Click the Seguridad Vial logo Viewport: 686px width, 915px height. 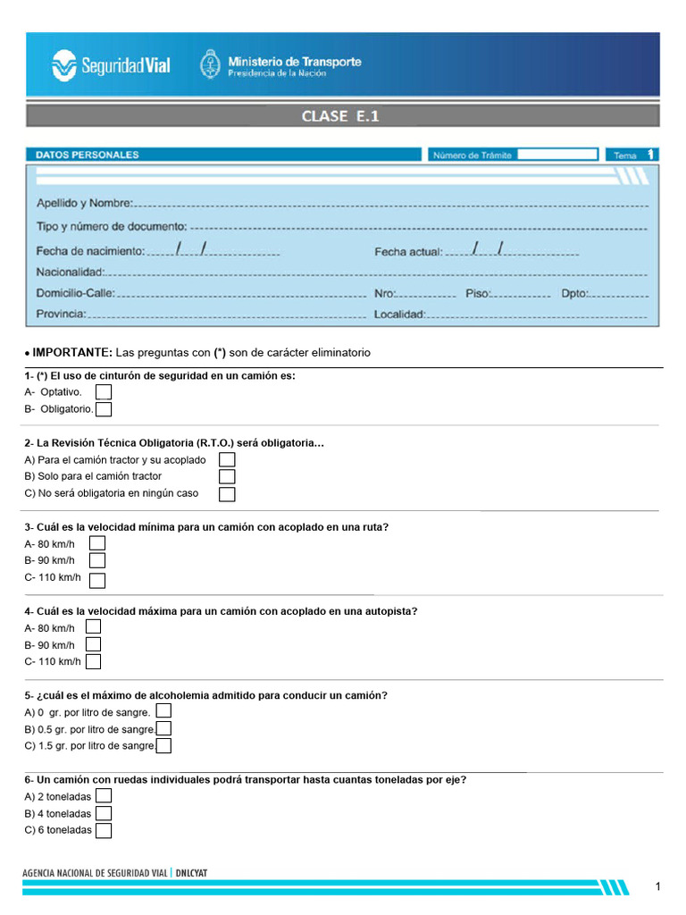coord(111,65)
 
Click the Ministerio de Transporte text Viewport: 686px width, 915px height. coord(294,65)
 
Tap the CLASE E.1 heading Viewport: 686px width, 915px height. coord(341,116)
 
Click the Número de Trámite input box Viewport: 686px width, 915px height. coord(556,155)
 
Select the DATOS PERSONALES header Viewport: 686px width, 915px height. coord(88,155)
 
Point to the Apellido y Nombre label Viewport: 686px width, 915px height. coord(85,203)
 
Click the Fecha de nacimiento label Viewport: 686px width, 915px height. coord(90,251)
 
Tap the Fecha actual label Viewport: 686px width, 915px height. coord(408,252)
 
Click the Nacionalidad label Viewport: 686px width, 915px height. coord(71,272)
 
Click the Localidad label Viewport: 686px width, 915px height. coord(399,314)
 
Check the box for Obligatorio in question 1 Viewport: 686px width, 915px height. coord(104,409)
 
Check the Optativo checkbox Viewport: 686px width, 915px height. coord(104,391)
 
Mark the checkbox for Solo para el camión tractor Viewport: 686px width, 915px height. coord(227,476)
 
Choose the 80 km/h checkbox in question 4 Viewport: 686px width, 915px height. coord(93,627)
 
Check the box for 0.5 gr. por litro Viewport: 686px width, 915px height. coord(163,729)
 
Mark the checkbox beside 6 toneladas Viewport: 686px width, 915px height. coord(104,830)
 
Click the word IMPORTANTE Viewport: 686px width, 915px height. coord(72,353)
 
